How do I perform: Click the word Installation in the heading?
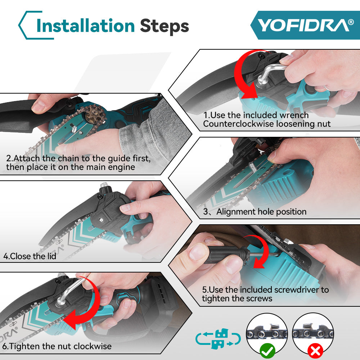[x=86, y=26]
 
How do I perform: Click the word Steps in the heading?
[x=164, y=26]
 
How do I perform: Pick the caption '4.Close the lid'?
[x=30, y=256]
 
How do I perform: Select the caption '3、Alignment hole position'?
[x=255, y=212]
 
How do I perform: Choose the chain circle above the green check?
[x=267, y=333]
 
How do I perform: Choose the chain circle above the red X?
[x=312, y=333]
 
